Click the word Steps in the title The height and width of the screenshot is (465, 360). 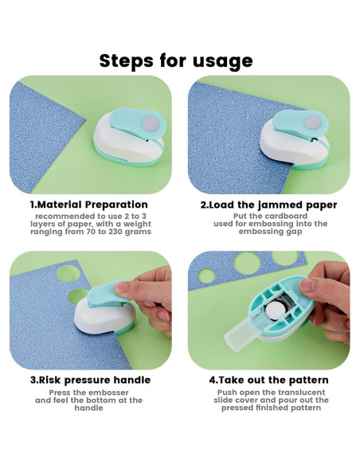127,61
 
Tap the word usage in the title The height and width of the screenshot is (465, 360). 223,62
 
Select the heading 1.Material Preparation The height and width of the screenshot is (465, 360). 89,205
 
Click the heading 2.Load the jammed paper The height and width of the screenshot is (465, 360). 268,205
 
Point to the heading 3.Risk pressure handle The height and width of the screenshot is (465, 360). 91,380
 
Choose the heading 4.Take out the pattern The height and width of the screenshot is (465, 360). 268,380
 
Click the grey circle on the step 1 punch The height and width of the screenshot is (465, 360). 151,123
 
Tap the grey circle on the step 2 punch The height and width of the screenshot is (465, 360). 313,123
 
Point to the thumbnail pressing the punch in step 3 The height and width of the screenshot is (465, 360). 121,287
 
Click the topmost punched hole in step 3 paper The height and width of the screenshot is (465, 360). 68,273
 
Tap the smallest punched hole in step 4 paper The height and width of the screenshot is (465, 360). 206,275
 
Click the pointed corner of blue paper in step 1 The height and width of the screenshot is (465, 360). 84,119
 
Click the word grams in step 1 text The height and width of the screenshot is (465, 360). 139,232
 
